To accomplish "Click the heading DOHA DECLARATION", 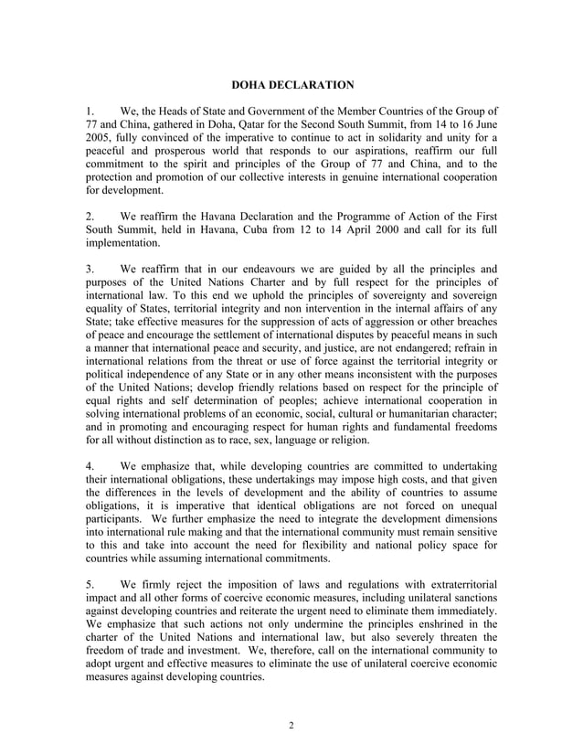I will tap(291, 85).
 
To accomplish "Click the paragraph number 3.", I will tap(89, 270).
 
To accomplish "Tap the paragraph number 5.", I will tap(89, 583).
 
